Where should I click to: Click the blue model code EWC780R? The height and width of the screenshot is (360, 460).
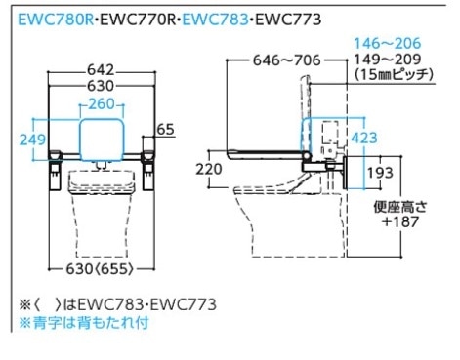[56, 20]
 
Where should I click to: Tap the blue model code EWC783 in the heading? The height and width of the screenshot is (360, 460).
[215, 20]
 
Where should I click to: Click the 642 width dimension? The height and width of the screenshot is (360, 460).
[101, 70]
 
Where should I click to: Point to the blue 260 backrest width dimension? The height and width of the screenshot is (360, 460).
[102, 104]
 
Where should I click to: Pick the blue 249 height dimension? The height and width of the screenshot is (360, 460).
[32, 140]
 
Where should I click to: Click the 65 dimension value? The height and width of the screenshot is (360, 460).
[165, 129]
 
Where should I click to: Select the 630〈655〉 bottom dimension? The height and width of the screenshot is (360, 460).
[100, 269]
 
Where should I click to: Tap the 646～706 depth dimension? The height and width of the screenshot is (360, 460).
[287, 60]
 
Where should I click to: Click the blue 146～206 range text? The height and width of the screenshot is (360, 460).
[388, 43]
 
